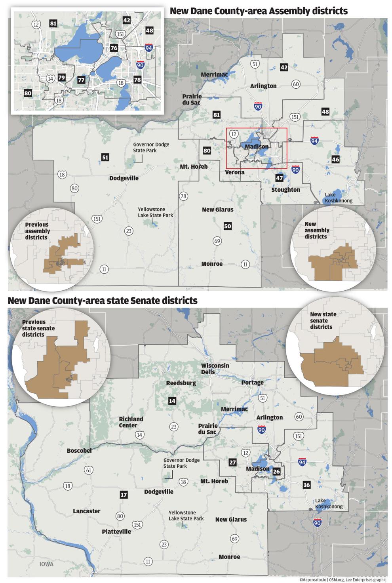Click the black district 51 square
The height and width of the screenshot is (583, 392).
[105, 157]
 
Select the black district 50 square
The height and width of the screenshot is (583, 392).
[227, 226]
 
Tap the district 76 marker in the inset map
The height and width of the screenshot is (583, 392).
[114, 48]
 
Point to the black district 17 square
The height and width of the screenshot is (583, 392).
[124, 495]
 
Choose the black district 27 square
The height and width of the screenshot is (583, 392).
[232, 463]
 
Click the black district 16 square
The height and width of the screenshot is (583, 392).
[306, 485]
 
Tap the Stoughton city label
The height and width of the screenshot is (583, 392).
[285, 190]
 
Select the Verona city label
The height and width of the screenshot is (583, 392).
[234, 172]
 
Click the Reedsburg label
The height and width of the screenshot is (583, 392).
[181, 383]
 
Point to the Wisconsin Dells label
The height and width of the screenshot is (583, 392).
[215, 368]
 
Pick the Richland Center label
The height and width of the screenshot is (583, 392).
[131, 422]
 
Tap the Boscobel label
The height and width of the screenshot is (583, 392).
[79, 451]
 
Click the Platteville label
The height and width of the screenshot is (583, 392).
[116, 532]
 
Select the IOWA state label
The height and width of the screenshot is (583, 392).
[46, 564]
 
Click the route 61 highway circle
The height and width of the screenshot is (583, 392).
[88, 470]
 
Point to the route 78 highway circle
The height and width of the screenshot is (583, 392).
[183, 196]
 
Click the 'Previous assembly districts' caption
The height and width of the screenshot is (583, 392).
[37, 231]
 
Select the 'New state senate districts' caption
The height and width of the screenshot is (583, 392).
[323, 320]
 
